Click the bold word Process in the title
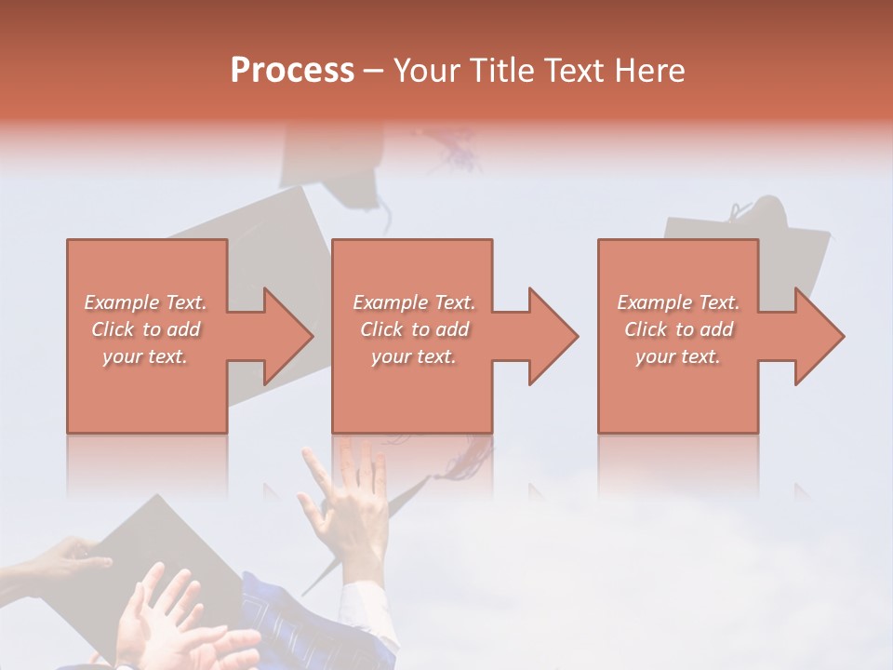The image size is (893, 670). (x=292, y=71)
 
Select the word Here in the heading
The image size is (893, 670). (x=650, y=71)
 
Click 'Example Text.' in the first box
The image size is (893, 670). (x=146, y=302)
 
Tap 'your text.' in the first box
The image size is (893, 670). (x=146, y=356)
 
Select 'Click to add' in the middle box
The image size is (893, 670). (x=414, y=329)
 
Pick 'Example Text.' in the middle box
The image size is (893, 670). (x=414, y=302)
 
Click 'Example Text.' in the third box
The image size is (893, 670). (x=678, y=302)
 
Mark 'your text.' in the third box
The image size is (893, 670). (x=678, y=356)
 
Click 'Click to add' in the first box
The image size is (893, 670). (x=146, y=329)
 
